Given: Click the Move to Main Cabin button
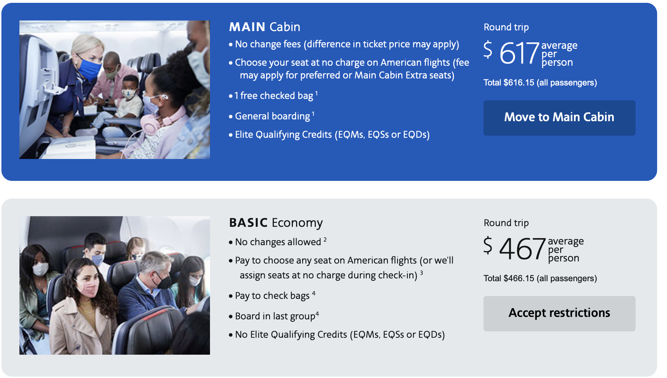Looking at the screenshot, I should [559, 118].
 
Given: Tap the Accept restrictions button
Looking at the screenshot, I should [559, 313].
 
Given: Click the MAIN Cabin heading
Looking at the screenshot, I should [265, 27].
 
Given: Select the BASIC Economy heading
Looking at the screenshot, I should [276, 223].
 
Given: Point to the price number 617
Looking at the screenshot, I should [519, 53].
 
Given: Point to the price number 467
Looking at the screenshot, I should [522, 249].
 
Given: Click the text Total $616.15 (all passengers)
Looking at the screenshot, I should [540, 83].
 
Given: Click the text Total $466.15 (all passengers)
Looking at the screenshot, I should [540, 278].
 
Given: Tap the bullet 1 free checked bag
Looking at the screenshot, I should [274, 96].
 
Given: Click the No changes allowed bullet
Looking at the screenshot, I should [278, 242].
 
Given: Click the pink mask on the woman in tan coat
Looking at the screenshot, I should [86, 288].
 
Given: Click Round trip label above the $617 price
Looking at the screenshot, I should [506, 27].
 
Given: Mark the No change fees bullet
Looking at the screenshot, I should [347, 44].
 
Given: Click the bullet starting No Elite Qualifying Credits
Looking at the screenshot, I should [340, 335].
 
